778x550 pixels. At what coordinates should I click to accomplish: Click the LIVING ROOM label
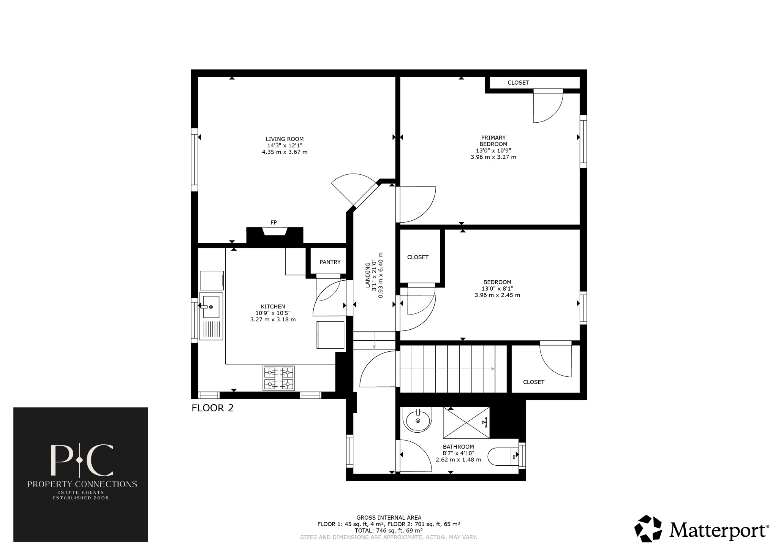pos(285,139)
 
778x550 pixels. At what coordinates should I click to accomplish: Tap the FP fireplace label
pos(274,223)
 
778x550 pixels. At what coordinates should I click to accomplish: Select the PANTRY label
pos(330,262)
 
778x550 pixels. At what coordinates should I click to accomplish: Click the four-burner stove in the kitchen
pos(279,378)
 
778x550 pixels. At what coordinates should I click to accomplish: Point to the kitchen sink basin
pos(211,307)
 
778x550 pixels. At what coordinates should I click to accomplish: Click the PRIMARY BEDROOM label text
pos(493,141)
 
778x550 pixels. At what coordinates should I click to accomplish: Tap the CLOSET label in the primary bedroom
pos(518,83)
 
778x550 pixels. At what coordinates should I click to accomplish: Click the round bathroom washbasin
pos(418,420)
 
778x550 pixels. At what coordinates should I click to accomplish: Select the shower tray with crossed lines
pos(466,422)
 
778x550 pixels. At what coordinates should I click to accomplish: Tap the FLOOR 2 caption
pos(212,408)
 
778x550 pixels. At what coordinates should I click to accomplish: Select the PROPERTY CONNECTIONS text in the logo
pos(82,484)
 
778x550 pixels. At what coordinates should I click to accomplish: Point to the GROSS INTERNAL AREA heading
pos(389,517)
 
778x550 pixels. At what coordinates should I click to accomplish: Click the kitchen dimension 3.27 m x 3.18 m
pos(273,319)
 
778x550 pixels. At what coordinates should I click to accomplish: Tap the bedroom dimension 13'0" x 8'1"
pos(497,288)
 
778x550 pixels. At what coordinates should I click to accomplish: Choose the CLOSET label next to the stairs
pos(533,382)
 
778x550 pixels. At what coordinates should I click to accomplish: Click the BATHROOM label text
pos(458,447)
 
